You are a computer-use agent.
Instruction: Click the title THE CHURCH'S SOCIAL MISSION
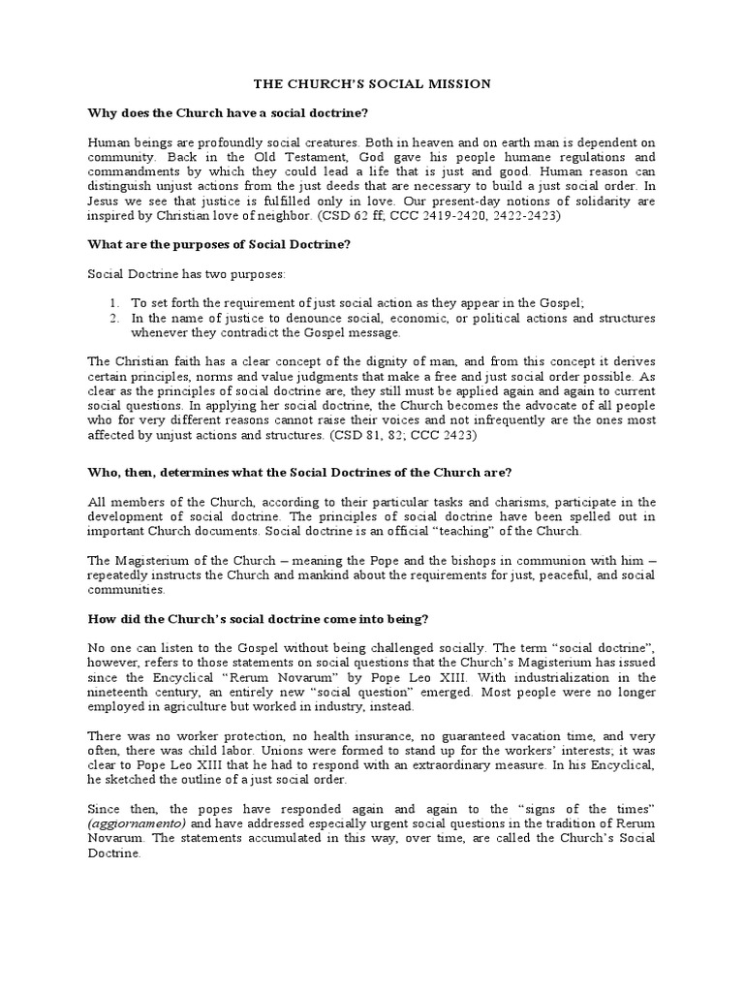point(372,84)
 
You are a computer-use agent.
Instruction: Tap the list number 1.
point(113,302)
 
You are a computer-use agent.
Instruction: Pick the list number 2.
point(113,317)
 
